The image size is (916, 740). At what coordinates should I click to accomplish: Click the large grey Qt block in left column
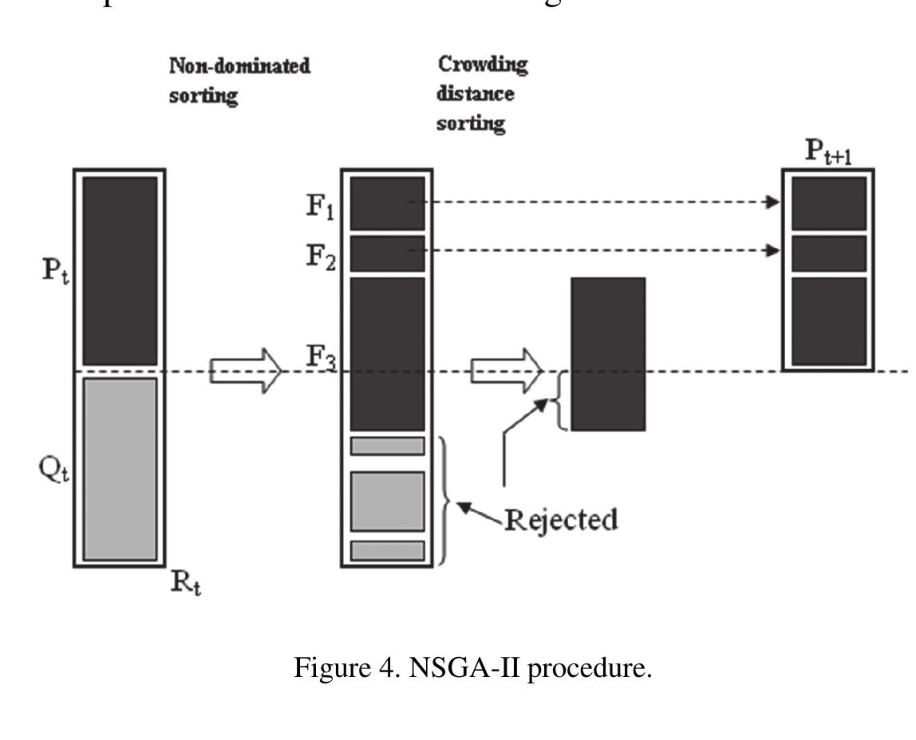[120, 468]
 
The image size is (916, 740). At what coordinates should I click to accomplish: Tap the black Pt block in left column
[120, 270]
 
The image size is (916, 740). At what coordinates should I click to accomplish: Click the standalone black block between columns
[607, 353]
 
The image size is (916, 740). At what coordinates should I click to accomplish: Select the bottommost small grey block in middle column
[387, 550]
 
